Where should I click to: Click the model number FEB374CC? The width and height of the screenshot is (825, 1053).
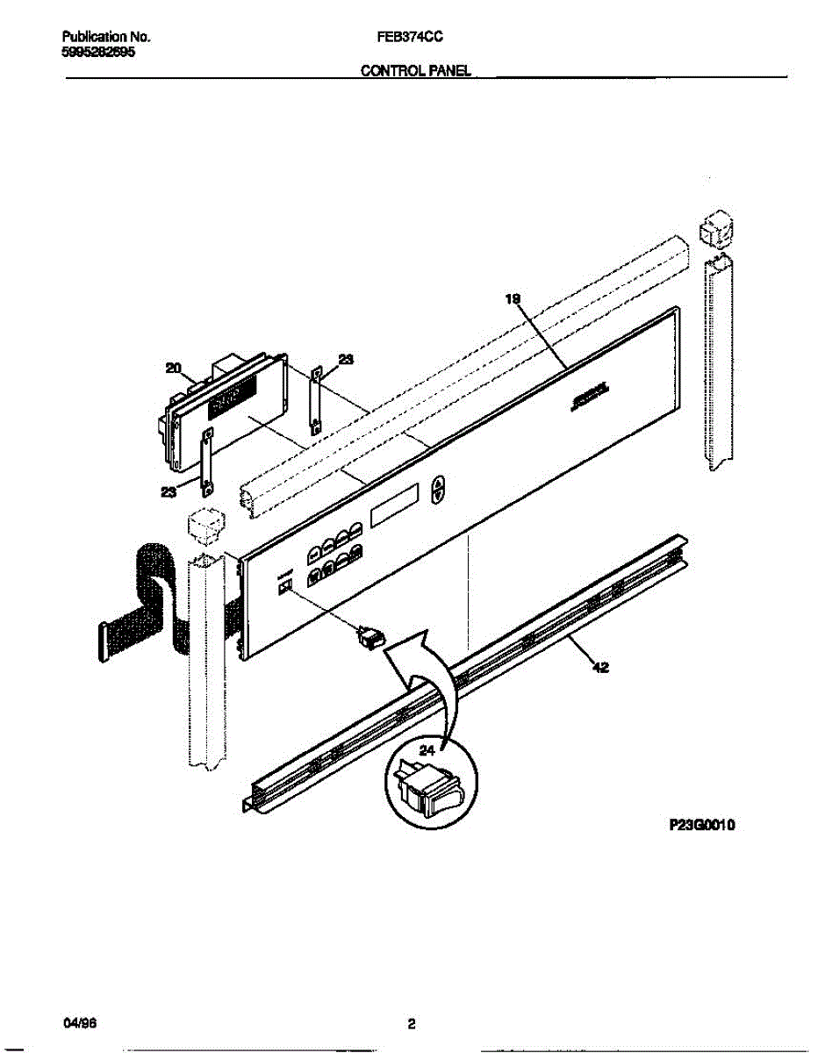[x=414, y=39]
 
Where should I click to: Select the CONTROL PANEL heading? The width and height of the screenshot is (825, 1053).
[x=417, y=73]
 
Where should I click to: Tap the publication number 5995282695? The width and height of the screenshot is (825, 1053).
[x=98, y=53]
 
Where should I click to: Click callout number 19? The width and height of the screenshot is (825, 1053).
[x=513, y=299]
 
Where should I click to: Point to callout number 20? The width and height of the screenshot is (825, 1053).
[x=173, y=369]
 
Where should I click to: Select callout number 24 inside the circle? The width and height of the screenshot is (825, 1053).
[x=427, y=750]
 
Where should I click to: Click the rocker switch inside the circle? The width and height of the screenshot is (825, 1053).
[x=431, y=786]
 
